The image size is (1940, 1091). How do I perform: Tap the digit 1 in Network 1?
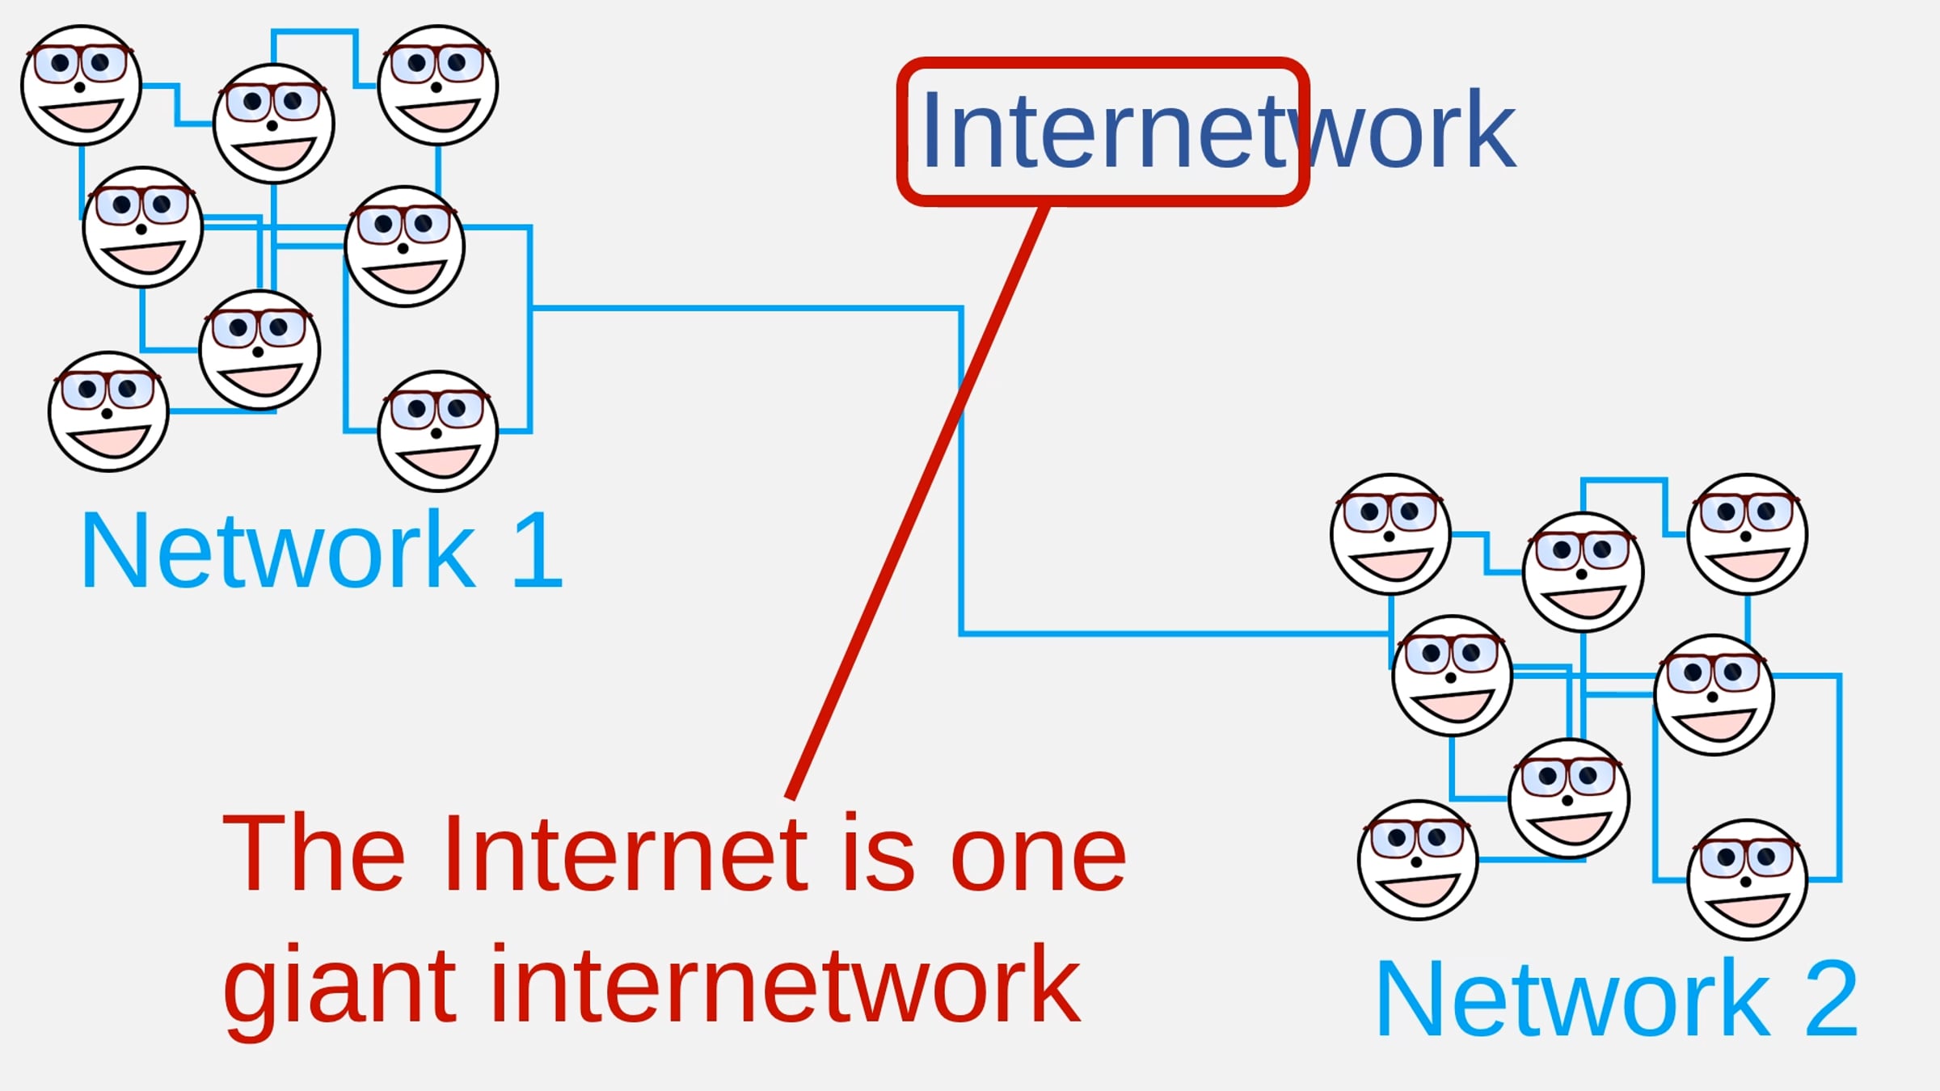click(538, 551)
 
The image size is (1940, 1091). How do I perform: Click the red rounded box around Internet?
click(1103, 61)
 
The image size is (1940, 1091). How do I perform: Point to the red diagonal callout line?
click(918, 501)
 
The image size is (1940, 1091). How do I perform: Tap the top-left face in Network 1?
click(82, 85)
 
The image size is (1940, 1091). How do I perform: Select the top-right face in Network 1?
click(438, 85)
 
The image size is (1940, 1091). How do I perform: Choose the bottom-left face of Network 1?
click(108, 411)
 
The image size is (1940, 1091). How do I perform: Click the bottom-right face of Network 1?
click(438, 431)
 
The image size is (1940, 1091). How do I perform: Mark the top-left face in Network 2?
click(1391, 534)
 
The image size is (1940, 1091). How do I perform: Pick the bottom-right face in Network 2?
click(1748, 880)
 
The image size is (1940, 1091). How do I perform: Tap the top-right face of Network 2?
click(1748, 534)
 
